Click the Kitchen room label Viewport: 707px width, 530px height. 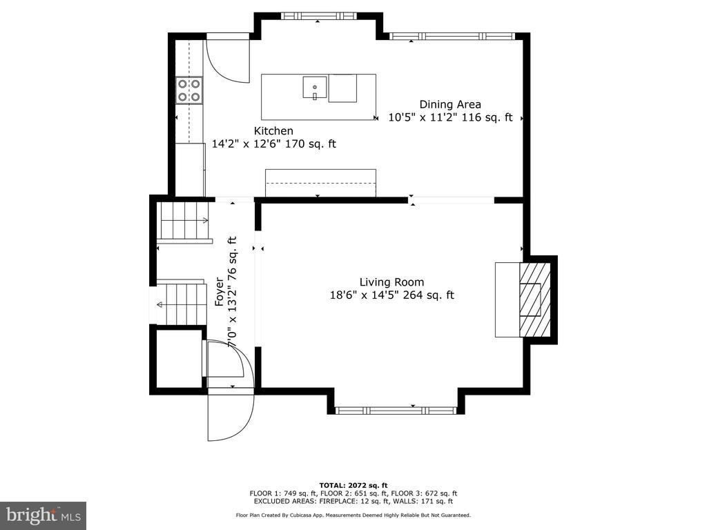[273, 131]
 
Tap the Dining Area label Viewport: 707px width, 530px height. [450, 105]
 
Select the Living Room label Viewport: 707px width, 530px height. [392, 282]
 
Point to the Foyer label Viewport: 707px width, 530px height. [219, 292]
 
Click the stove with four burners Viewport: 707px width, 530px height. [189, 90]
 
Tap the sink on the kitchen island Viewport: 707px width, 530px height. [315, 88]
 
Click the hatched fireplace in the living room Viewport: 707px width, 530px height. [535, 300]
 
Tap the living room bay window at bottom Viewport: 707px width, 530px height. [396, 410]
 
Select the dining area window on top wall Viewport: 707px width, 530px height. [452, 37]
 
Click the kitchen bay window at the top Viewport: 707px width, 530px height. [318, 17]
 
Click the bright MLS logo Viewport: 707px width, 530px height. [43, 515]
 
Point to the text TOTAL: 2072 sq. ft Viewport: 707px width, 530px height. [353, 485]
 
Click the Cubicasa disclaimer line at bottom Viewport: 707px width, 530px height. [353, 515]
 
